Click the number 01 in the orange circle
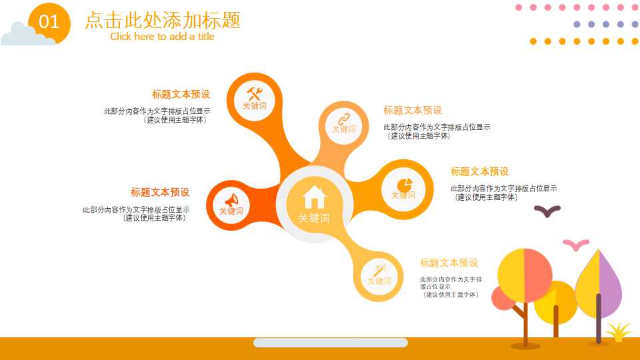(49, 22)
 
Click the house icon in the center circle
(314, 197)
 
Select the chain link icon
(344, 119)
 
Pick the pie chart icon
(404, 184)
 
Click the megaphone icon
(231, 200)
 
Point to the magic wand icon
(380, 270)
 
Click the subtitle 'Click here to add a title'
(162, 37)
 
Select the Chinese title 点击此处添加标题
(163, 20)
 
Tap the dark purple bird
(547, 211)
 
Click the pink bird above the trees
(575, 244)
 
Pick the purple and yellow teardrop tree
(599, 283)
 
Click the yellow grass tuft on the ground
(619, 331)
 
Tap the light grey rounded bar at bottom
(330, 343)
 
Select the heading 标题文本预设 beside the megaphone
(160, 192)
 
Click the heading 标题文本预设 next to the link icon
(413, 110)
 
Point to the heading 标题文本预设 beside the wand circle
(449, 263)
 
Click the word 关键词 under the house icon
(314, 218)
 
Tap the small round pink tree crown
(502, 299)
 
